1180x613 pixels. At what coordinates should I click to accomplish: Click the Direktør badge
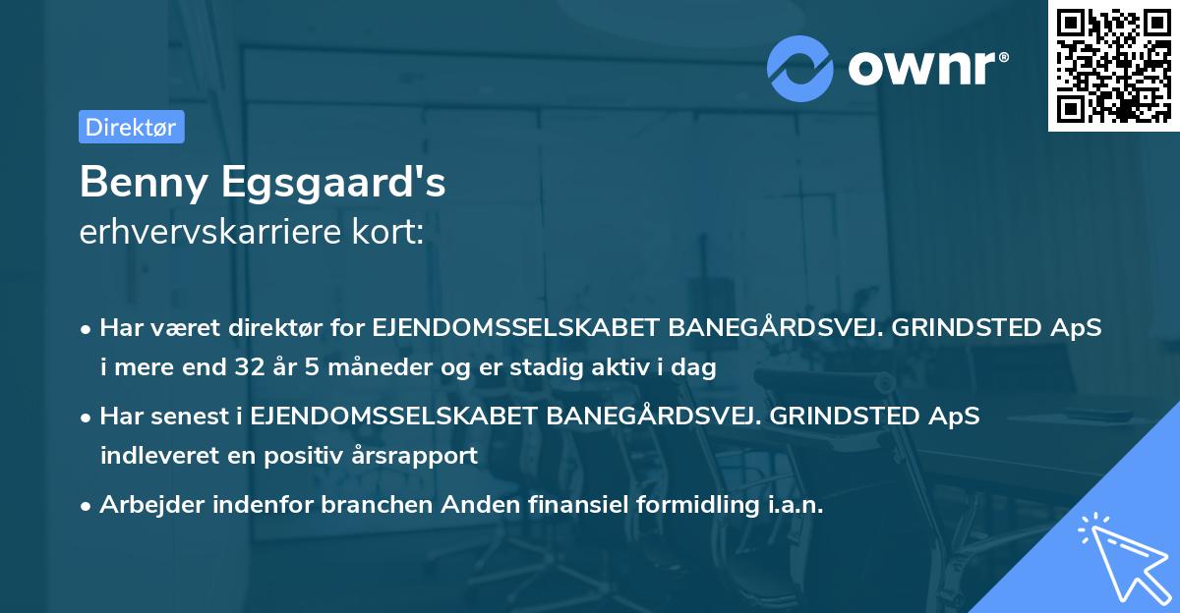click(x=131, y=127)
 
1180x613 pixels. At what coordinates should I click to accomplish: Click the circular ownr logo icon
click(x=800, y=68)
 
